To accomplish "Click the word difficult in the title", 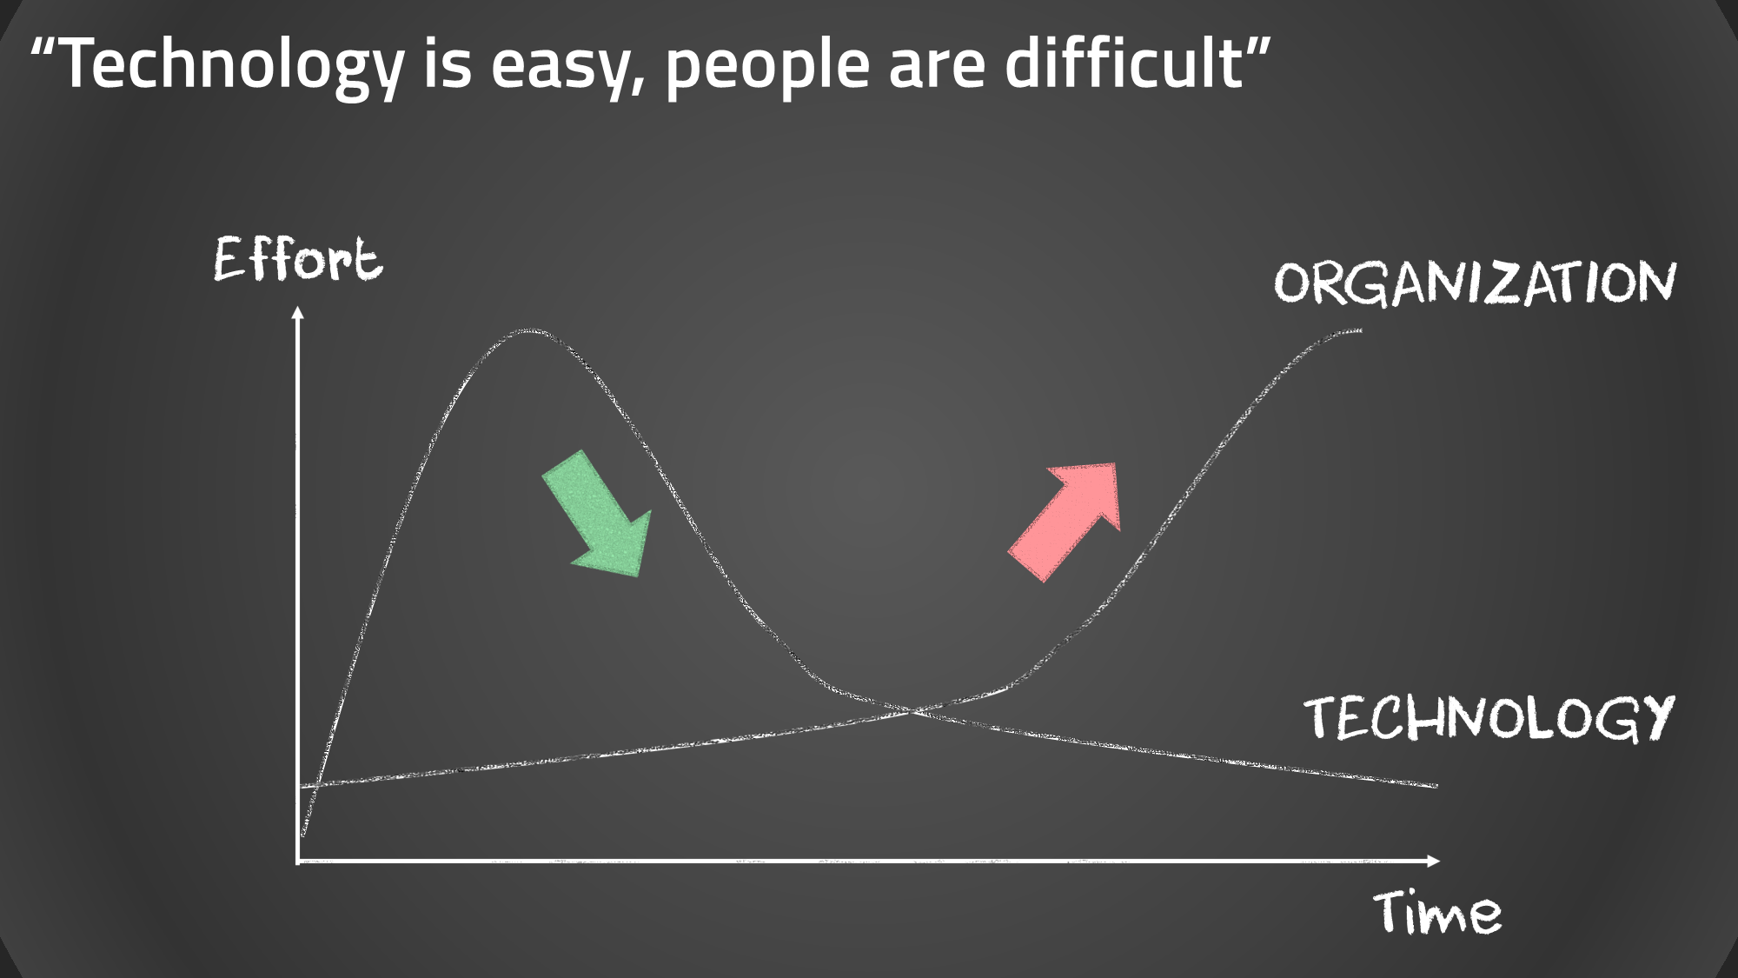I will (1124, 63).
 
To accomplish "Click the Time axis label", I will (1437, 914).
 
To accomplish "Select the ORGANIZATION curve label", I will (1474, 283).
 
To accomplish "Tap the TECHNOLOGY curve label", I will (1488, 718).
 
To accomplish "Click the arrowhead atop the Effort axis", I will (298, 312).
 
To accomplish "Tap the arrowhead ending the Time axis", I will (1434, 861).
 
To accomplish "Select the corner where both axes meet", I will (298, 861).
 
